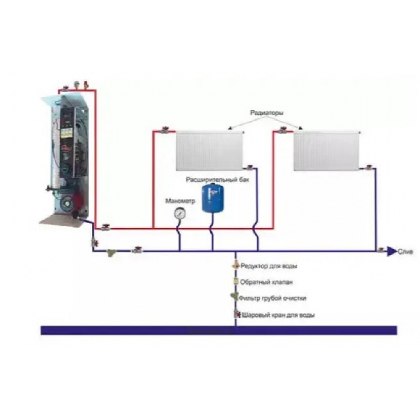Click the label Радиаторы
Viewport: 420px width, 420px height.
(x=266, y=113)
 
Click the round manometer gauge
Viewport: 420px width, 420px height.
(x=180, y=214)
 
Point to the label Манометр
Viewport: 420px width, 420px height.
(x=181, y=201)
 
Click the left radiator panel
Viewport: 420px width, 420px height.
(x=209, y=150)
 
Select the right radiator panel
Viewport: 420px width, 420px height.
(x=326, y=150)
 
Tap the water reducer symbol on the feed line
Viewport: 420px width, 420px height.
(x=236, y=266)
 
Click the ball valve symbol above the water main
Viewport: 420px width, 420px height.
(x=236, y=314)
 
